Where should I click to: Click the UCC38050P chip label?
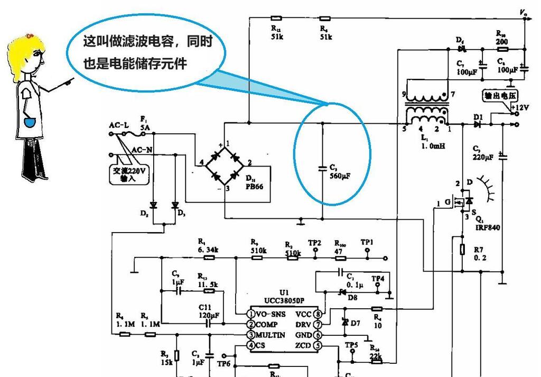click(284, 300)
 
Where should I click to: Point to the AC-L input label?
click(119, 125)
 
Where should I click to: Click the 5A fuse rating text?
click(145, 128)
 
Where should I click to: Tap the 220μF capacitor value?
click(483, 157)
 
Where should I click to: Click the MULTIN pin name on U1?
click(270, 335)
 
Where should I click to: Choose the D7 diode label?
click(355, 323)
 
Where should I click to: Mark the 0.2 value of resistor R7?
click(479, 258)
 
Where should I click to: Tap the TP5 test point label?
click(351, 345)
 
